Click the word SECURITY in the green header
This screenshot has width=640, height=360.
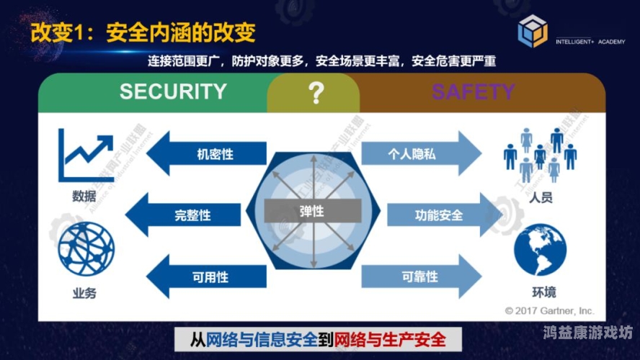[x=173, y=92]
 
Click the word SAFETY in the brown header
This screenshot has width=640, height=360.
[x=473, y=92]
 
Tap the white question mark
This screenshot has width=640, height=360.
[x=314, y=93]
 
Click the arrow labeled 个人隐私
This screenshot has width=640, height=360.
[x=420, y=153]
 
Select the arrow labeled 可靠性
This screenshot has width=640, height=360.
[x=420, y=276]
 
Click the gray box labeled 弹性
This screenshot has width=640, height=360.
[x=312, y=211]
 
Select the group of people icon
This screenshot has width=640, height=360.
[x=541, y=155]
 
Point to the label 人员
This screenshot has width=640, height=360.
[x=541, y=197]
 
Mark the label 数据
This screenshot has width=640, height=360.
[x=84, y=196]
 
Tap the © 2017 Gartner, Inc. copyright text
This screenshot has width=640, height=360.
[x=549, y=310]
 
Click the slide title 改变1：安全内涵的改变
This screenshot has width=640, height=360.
[x=144, y=32]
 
